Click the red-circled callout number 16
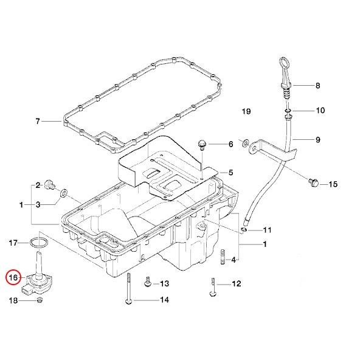click(13, 277)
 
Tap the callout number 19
click(246, 111)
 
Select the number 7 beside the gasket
click(38, 121)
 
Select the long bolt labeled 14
click(129, 289)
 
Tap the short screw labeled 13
click(147, 282)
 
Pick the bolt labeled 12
click(213, 287)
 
